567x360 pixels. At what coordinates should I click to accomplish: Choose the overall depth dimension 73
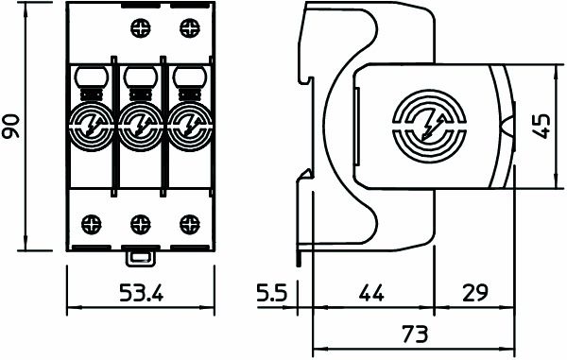(412, 334)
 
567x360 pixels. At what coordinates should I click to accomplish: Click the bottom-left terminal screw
(94, 224)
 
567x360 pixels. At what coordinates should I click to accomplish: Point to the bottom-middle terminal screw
(140, 224)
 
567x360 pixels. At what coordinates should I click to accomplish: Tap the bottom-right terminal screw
(186, 224)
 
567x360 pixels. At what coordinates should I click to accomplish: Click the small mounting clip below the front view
(140, 254)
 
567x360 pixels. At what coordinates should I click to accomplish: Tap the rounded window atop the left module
(94, 76)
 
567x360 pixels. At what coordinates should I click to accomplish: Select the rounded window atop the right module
(186, 76)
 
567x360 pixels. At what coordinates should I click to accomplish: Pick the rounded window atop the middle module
(140, 76)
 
